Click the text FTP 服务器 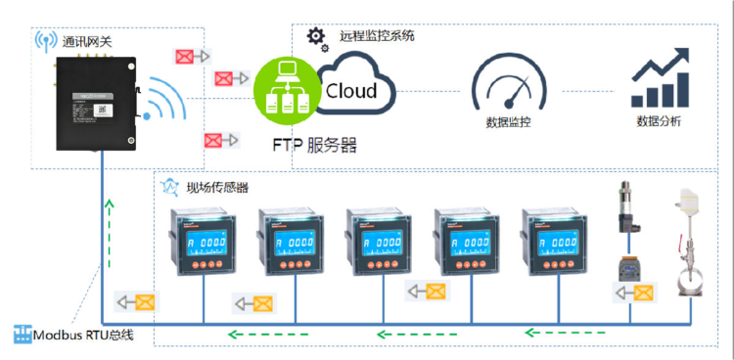(313, 145)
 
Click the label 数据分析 (659, 122)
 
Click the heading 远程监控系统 (377, 35)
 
